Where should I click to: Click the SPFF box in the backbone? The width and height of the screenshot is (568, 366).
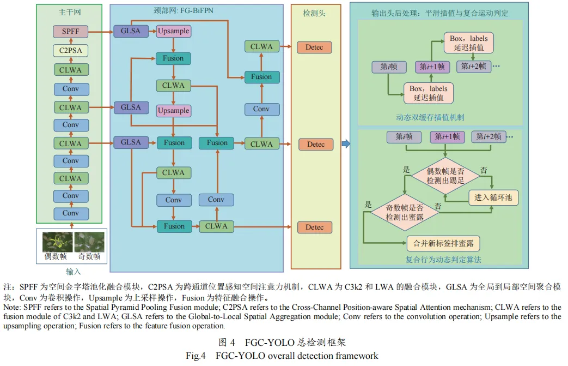70,32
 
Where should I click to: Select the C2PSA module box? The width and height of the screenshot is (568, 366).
70,51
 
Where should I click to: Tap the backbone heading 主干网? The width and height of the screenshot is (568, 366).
69,11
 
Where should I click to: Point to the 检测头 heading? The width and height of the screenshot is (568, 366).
315,13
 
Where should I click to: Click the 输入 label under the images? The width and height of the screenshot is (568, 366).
69,271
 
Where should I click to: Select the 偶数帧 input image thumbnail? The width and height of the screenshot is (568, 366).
55,241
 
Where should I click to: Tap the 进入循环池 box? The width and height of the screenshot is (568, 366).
493,197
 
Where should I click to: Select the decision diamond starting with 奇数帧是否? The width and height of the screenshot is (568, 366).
405,212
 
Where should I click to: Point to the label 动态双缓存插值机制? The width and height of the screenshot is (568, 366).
430,117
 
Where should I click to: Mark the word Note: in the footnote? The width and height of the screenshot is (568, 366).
13,308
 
